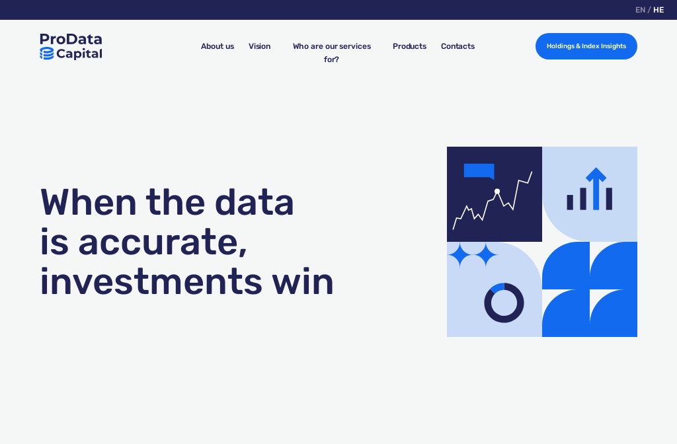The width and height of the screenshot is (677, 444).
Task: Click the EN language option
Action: (x=640, y=10)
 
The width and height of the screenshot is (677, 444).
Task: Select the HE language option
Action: (x=658, y=10)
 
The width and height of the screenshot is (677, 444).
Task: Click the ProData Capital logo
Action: (x=71, y=46)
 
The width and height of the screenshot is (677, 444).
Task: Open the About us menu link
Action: (x=218, y=46)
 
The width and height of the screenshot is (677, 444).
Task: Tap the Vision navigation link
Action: (x=259, y=46)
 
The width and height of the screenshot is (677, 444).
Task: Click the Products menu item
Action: (x=409, y=46)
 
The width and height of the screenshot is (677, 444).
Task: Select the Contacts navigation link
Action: (x=458, y=46)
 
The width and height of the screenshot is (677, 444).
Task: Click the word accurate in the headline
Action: (x=163, y=242)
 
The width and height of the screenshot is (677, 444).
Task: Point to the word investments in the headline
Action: (x=151, y=281)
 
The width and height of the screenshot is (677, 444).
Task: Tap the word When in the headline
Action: (x=87, y=202)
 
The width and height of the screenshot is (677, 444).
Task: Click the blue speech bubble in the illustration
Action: (x=479, y=171)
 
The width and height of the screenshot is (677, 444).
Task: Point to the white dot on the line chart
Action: (x=497, y=192)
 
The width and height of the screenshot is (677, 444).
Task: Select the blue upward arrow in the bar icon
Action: (x=596, y=188)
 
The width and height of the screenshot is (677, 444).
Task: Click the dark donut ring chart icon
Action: (x=504, y=303)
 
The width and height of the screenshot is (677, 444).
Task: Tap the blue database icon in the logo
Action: (x=46, y=54)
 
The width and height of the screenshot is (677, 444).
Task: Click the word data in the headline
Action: (x=255, y=202)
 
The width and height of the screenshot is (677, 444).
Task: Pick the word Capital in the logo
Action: (x=79, y=54)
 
